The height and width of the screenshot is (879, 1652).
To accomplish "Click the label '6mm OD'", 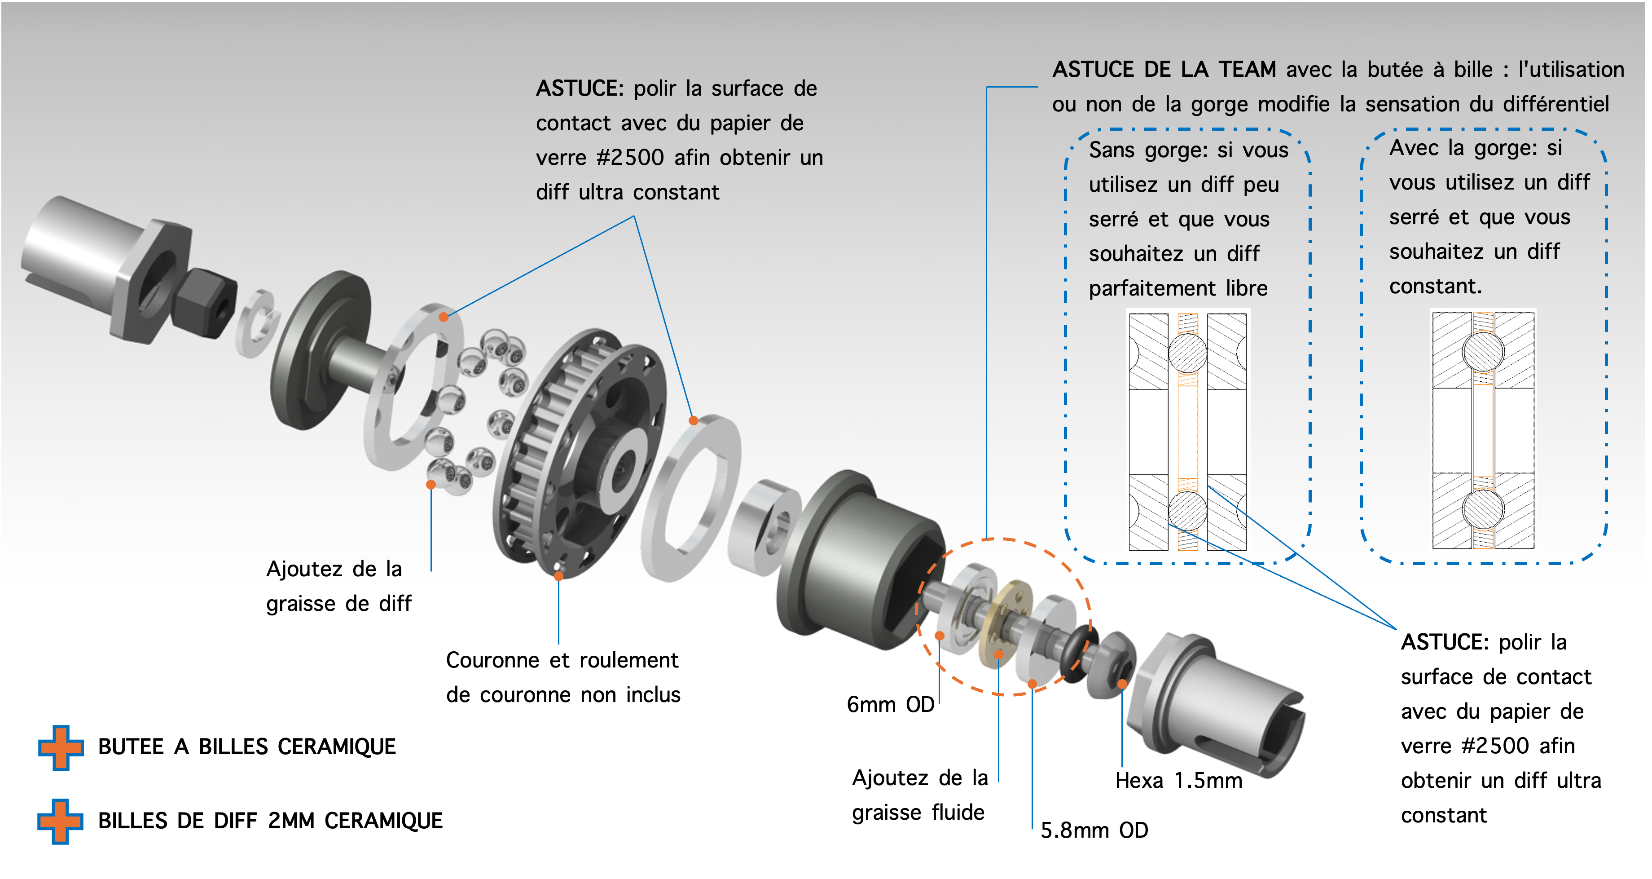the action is click(x=890, y=704).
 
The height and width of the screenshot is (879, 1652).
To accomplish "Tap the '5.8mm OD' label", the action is click(x=1094, y=830).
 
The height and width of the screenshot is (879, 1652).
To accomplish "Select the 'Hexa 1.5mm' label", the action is click(x=1179, y=780).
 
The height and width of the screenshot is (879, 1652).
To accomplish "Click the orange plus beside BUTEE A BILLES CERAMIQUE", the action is click(x=61, y=747).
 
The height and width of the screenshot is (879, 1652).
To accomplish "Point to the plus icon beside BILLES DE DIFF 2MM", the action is click(x=60, y=821).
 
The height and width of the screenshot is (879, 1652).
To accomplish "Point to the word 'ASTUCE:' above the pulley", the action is click(x=580, y=88).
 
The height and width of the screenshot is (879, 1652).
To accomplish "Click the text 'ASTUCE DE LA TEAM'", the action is click(x=1164, y=69).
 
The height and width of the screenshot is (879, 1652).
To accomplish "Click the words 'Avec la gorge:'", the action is click(x=1464, y=148).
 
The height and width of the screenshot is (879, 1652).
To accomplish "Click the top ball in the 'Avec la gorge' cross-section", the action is click(x=1483, y=352).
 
